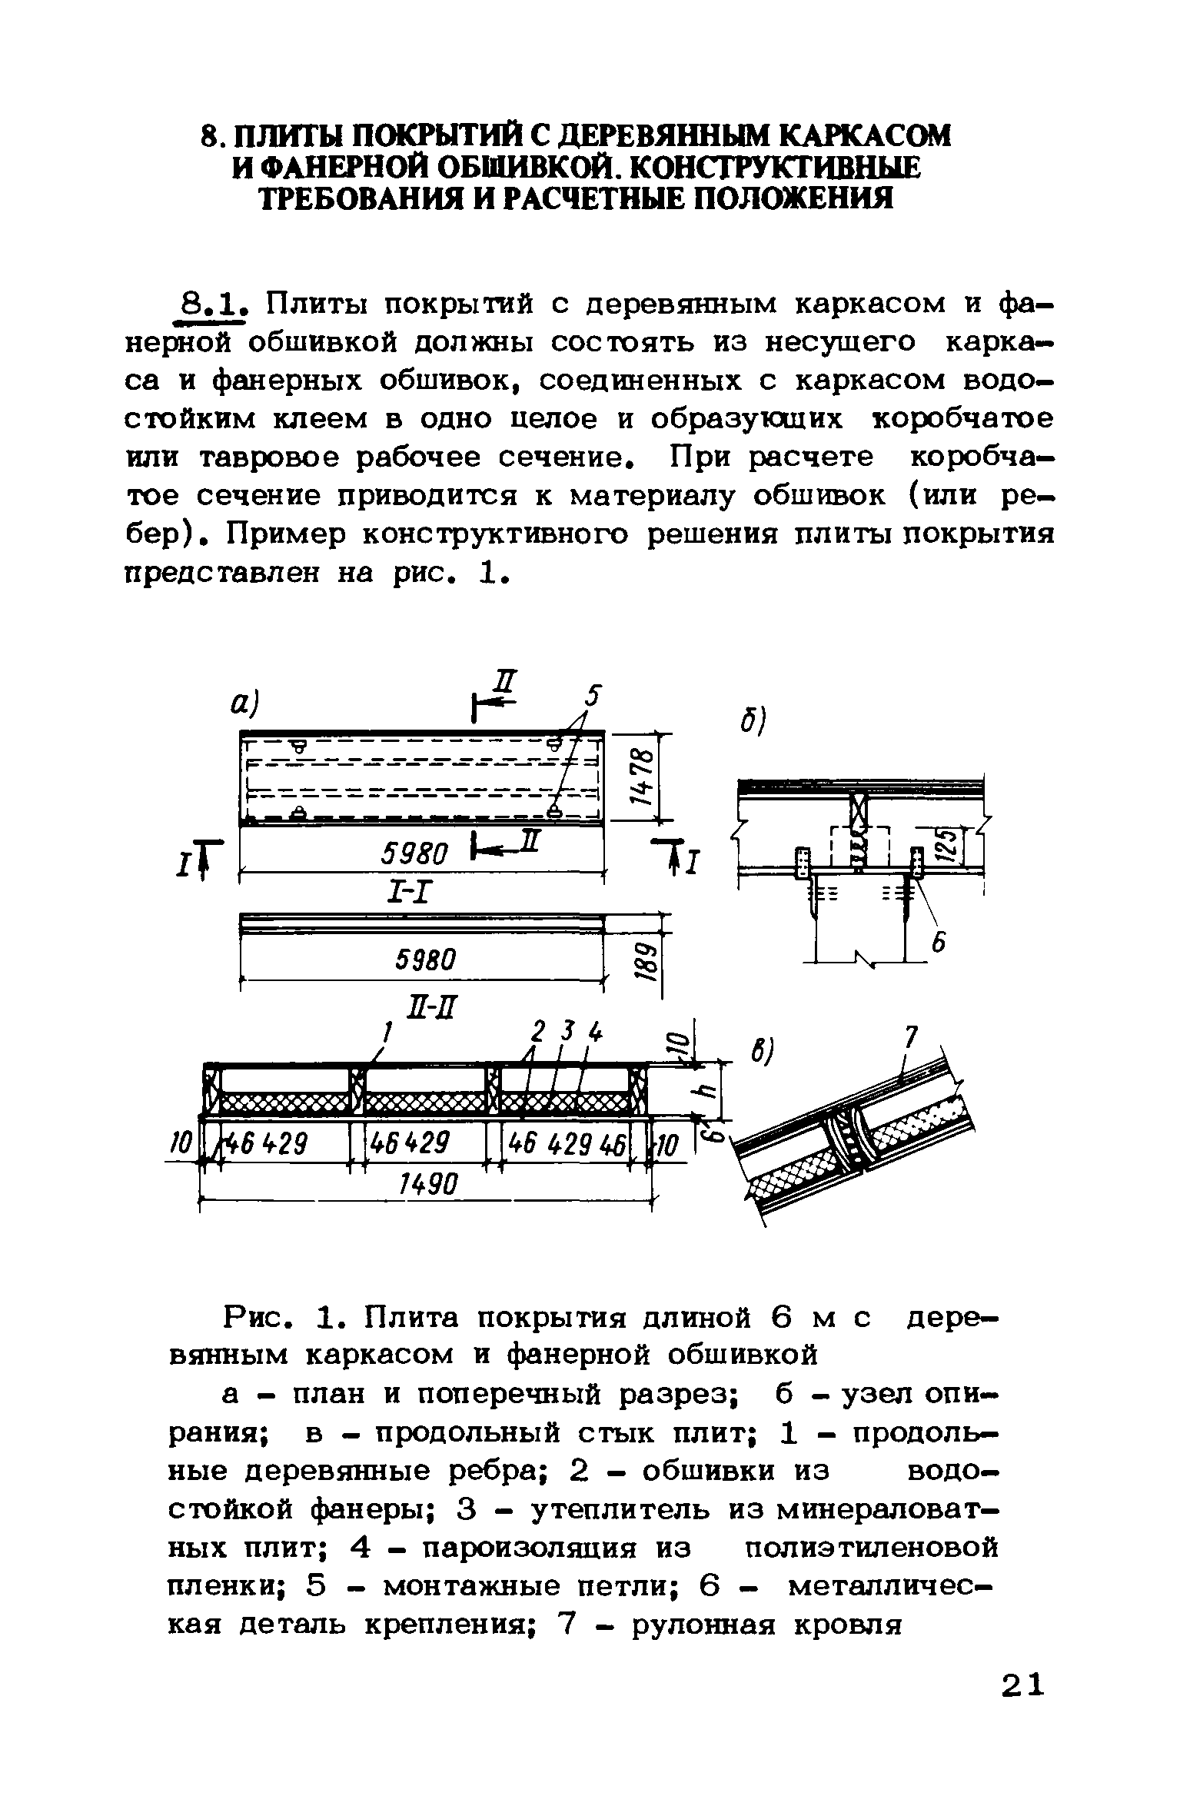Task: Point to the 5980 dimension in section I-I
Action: pos(425,959)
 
